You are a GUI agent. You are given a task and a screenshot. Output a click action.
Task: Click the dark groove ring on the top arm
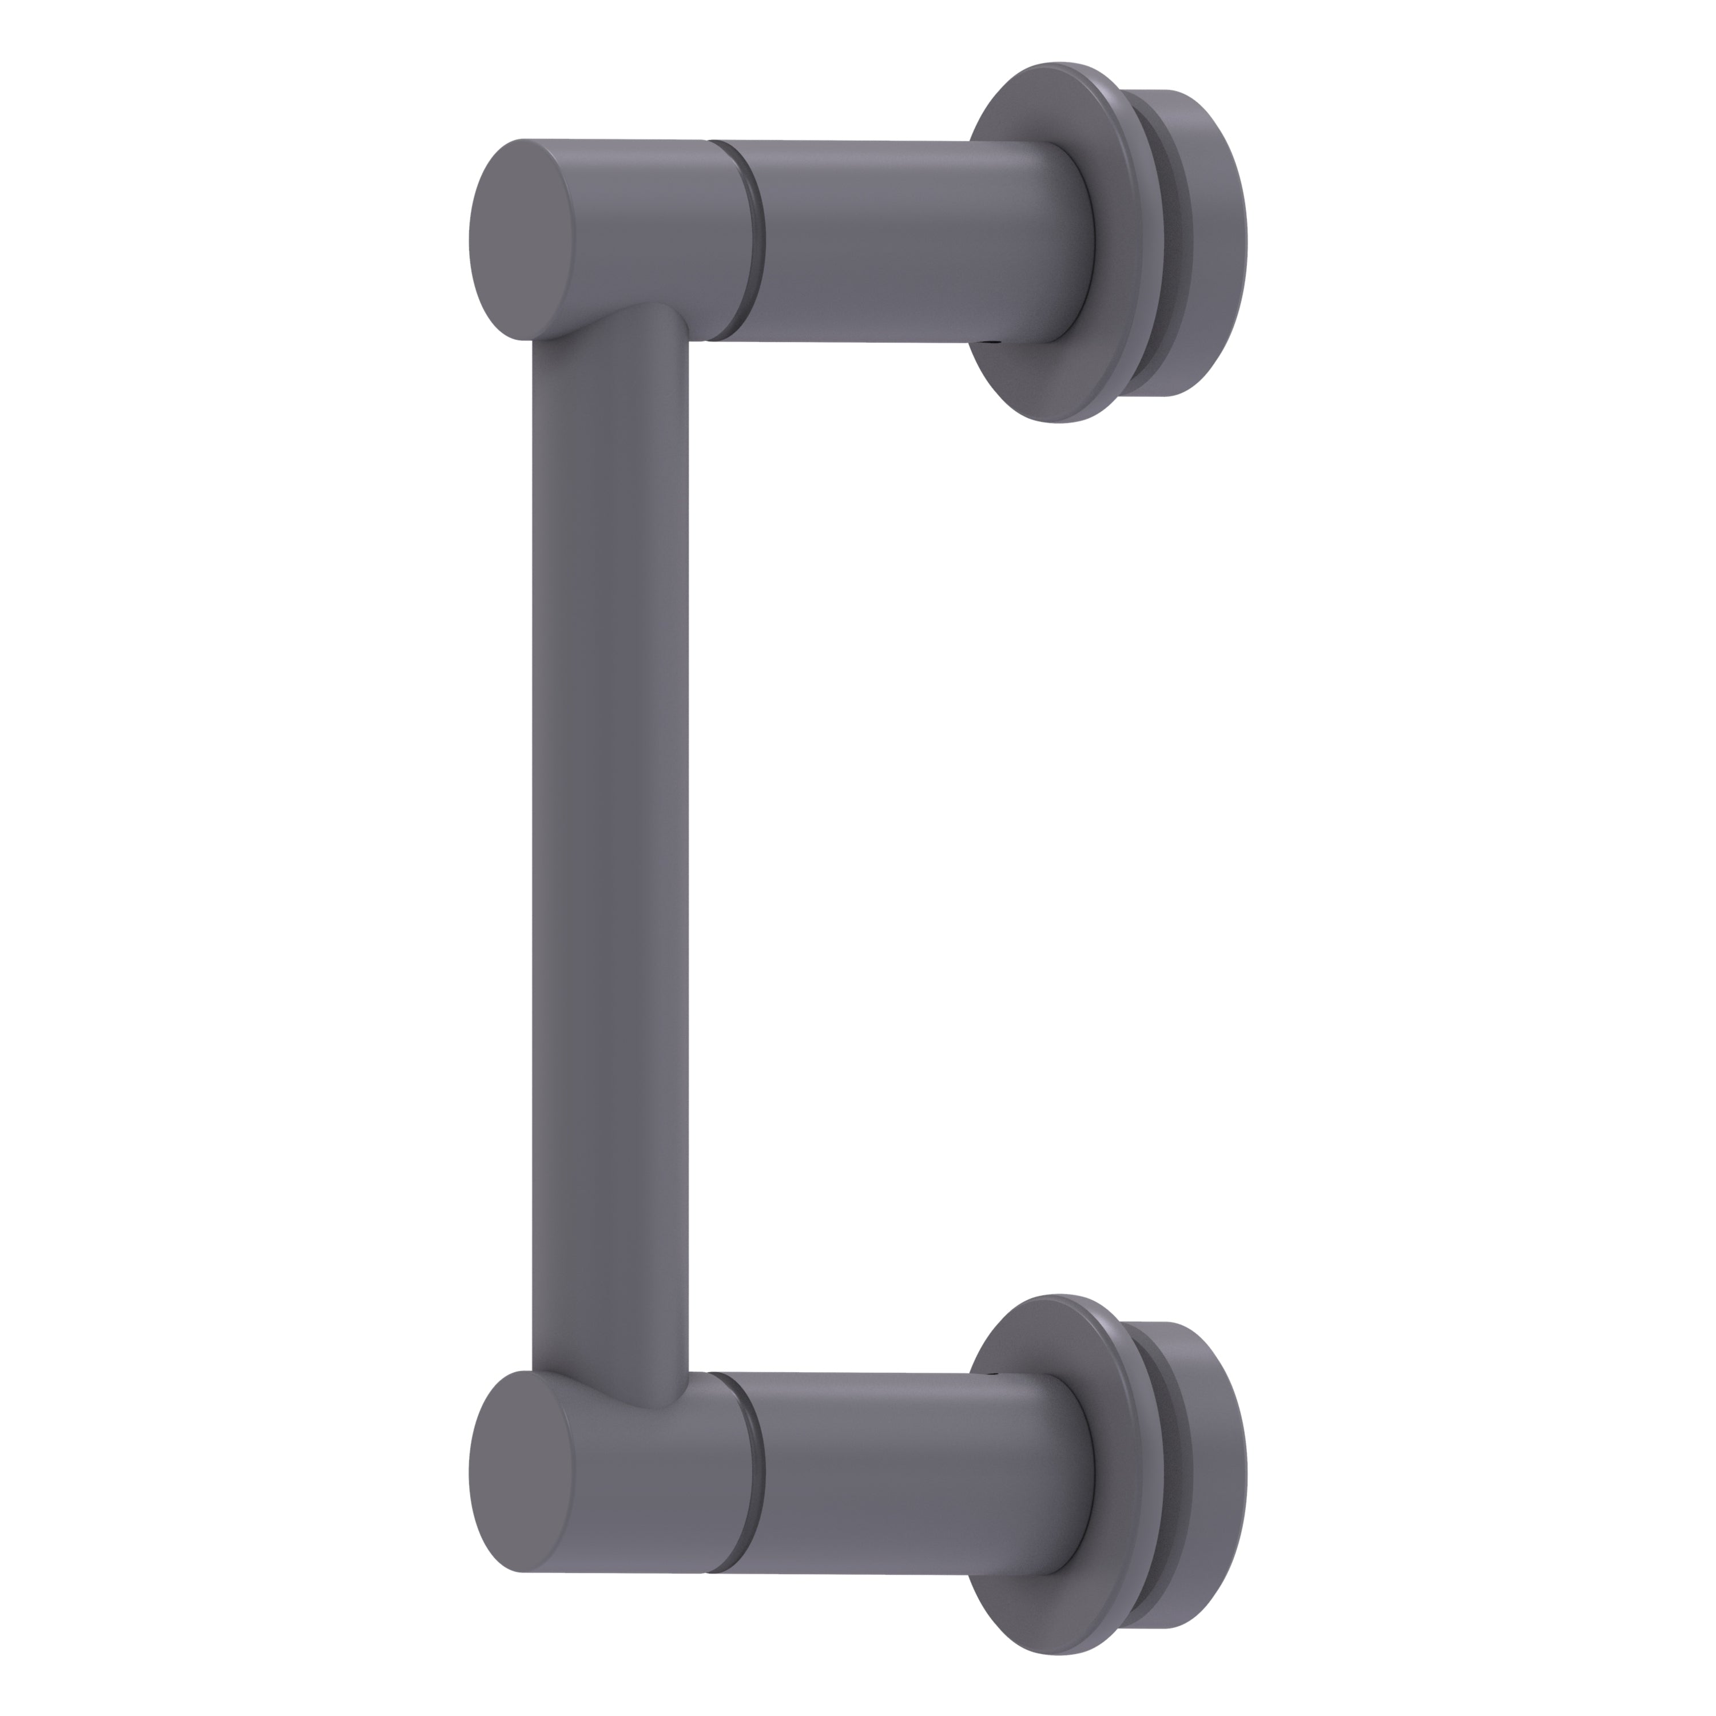756,240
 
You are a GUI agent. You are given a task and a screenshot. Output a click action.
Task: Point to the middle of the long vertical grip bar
610,853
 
